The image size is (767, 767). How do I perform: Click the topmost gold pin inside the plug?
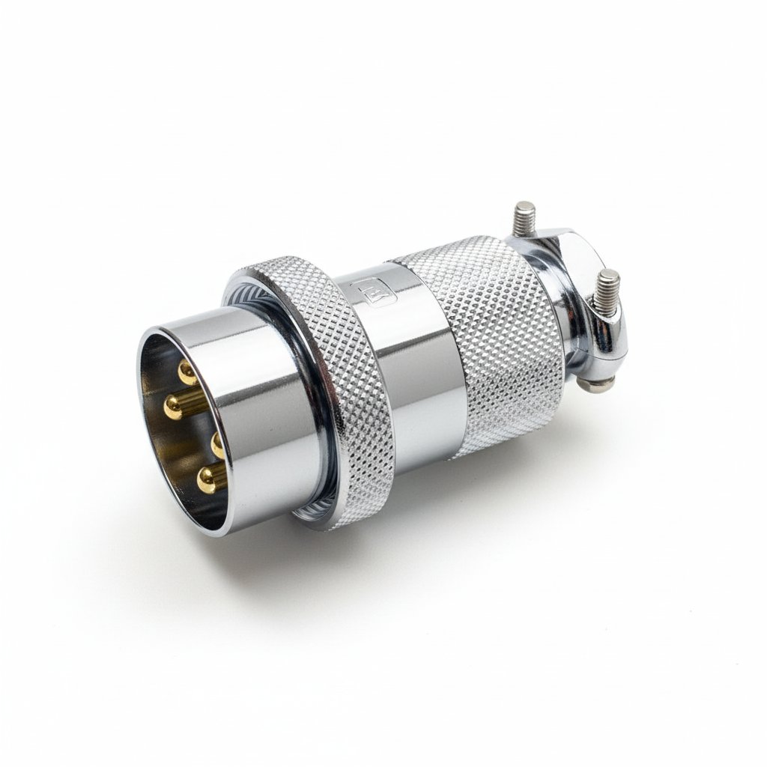187,372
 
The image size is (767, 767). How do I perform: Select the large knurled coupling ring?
330,389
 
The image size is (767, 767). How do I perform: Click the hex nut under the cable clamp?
597,383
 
